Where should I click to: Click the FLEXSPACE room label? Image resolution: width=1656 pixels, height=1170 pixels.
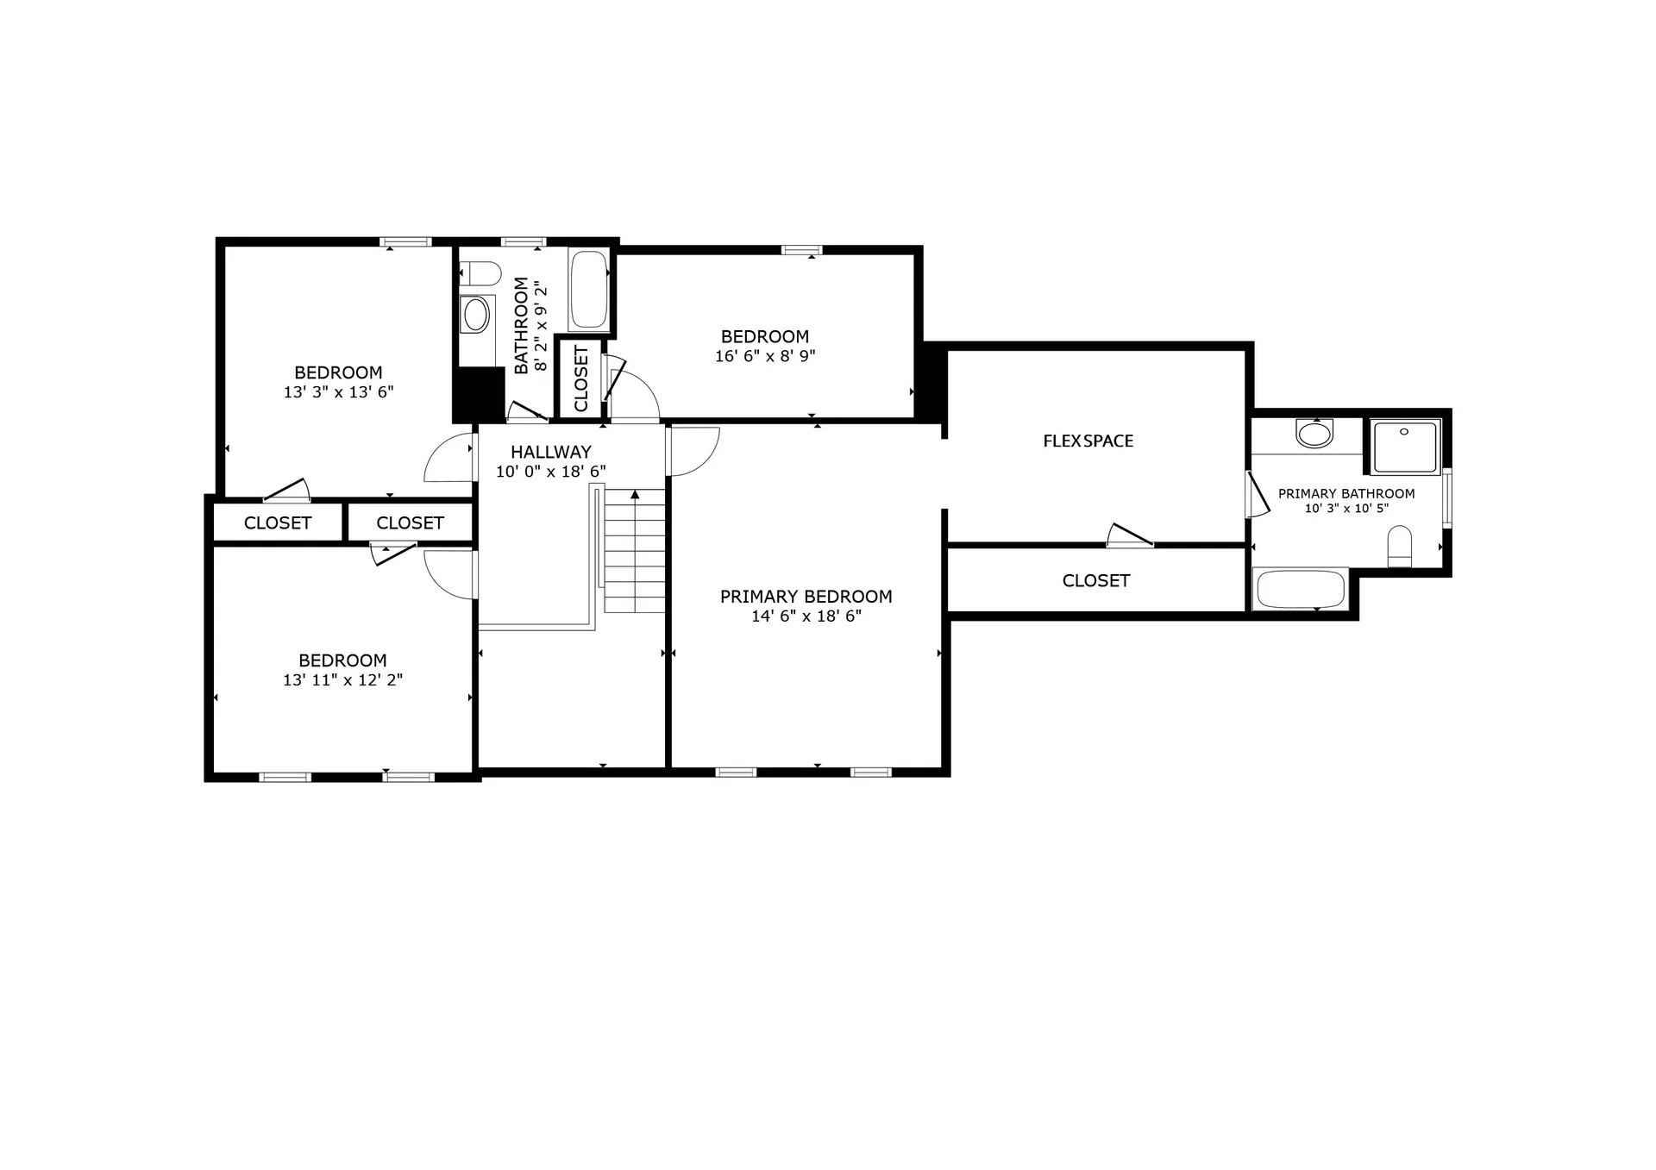(x=1088, y=441)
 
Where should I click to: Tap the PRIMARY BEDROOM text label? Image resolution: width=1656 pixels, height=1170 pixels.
(x=806, y=597)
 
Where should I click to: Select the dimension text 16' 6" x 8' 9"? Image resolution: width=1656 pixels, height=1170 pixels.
(x=765, y=356)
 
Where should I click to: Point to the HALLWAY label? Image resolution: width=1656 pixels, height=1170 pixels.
(x=550, y=452)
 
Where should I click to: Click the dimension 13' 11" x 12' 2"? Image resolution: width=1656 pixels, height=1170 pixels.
(x=342, y=680)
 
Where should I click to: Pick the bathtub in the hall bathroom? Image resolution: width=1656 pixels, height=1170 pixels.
(x=589, y=290)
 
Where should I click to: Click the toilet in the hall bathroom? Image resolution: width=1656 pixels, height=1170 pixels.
(x=480, y=274)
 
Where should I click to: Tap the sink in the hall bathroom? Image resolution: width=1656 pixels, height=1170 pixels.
(x=475, y=316)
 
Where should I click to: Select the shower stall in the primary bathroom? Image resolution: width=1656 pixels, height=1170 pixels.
(x=1405, y=447)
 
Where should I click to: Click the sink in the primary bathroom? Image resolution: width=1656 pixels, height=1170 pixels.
(x=1314, y=433)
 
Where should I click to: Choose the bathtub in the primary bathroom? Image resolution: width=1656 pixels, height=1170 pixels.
(x=1301, y=590)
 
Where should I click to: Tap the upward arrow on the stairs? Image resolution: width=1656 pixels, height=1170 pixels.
(x=635, y=496)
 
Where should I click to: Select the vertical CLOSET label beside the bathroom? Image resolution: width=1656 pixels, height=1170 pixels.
(x=580, y=379)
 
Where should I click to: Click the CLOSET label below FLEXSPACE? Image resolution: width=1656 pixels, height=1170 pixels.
(x=1095, y=581)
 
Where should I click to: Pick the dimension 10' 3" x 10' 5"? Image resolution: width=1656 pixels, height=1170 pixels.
(x=1345, y=509)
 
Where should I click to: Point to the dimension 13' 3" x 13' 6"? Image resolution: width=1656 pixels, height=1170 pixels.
(x=338, y=392)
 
